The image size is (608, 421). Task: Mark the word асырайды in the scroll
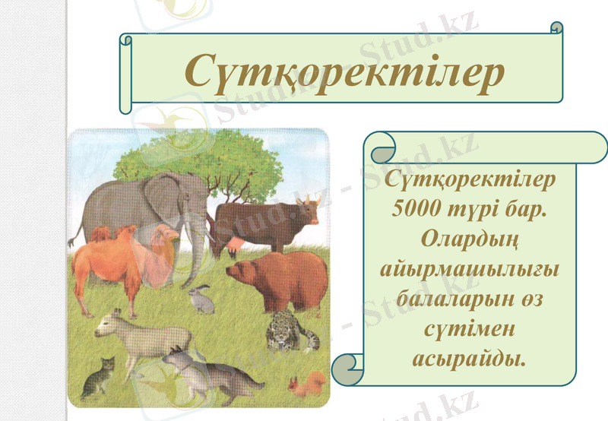coord(469,358)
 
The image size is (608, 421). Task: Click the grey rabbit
coord(201,298)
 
